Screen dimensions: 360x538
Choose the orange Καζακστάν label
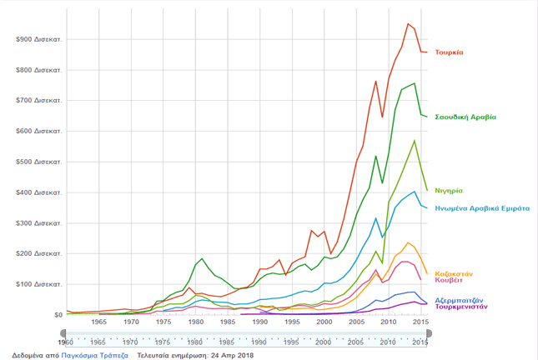pos(455,273)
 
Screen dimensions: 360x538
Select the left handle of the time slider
pos(67,333)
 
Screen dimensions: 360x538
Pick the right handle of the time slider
pos(428,333)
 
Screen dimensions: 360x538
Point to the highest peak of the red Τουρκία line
pos(408,23)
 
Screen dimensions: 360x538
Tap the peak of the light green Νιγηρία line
pos(415,140)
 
